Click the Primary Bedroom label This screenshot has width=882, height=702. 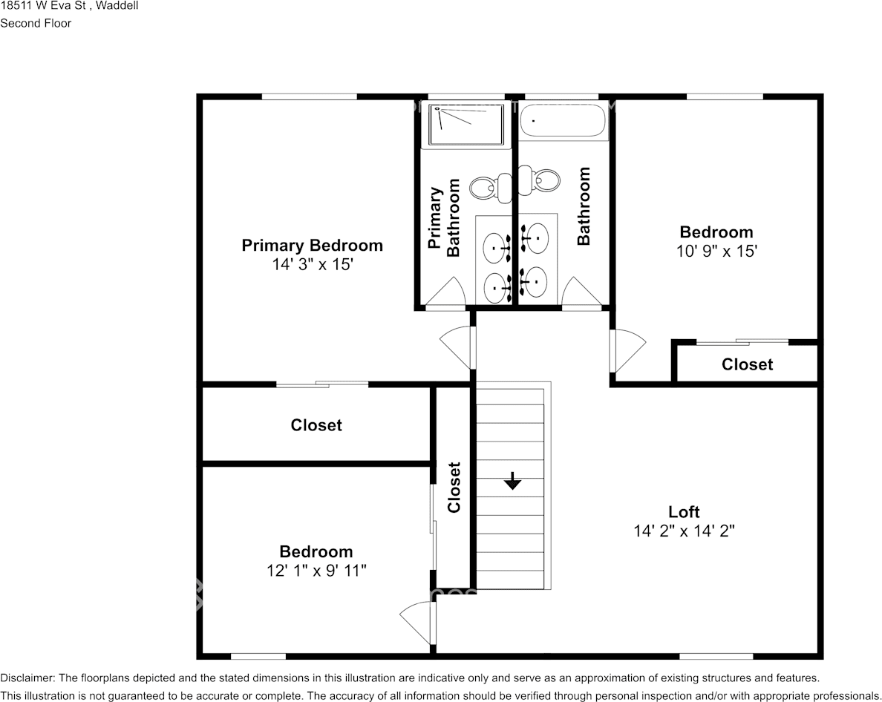pos(312,245)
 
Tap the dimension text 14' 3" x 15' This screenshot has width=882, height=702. pos(312,264)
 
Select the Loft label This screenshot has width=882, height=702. pos(684,512)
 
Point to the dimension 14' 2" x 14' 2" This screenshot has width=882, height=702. pos(684,531)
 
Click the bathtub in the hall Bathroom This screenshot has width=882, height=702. pos(563,121)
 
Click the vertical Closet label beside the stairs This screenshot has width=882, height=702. pos(454,488)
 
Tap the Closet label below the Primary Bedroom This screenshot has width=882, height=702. pos(316,425)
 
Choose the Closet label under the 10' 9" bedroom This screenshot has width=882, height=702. pos(747,364)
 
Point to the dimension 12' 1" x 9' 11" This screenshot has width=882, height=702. pos(316,571)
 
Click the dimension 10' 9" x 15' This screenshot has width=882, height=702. pos(716,252)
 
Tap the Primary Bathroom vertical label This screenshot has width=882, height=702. pos(444,217)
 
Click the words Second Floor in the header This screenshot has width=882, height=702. pos(36,23)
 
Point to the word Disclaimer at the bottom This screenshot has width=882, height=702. pos(27,678)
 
